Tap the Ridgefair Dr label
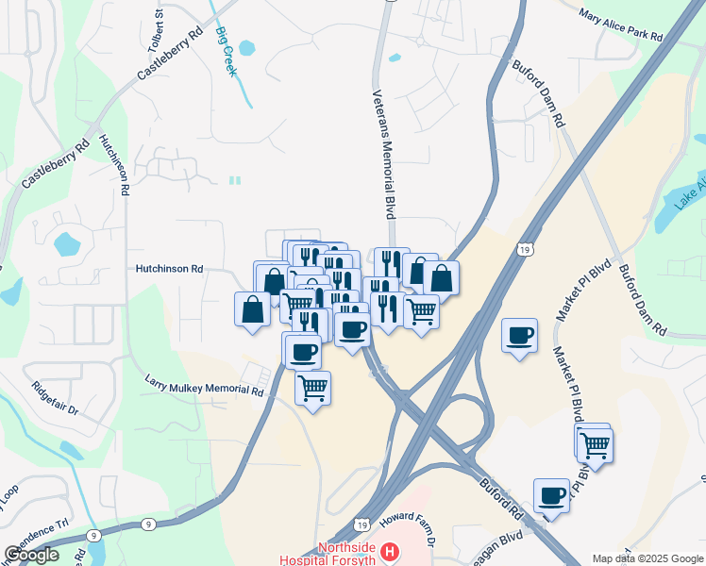53,401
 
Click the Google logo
31,555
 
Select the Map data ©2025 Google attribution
647,558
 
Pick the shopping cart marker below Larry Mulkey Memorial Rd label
312,387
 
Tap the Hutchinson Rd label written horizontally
170,269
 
